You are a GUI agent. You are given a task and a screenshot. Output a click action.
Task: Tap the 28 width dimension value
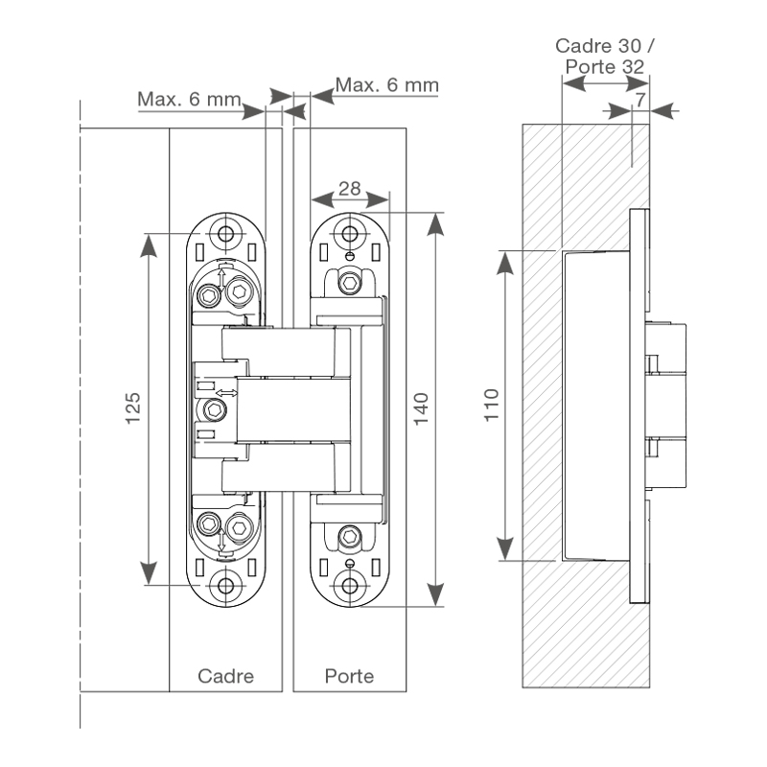pyautogui.click(x=351, y=188)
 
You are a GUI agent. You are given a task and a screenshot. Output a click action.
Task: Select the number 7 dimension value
pyautogui.click(x=640, y=100)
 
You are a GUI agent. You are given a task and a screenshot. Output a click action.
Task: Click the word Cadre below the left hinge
pyautogui.click(x=226, y=676)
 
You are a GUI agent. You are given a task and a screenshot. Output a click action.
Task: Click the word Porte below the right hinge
pyautogui.click(x=349, y=676)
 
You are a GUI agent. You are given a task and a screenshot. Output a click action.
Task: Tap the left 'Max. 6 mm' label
pyautogui.click(x=189, y=99)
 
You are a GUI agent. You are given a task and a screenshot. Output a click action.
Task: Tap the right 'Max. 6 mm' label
pyautogui.click(x=386, y=85)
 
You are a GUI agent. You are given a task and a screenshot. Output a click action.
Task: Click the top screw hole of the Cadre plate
pyautogui.click(x=226, y=232)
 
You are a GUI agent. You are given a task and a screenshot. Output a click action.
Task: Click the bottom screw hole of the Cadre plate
pyautogui.click(x=226, y=585)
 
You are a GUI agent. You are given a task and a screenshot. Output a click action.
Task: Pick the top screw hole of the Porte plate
pyautogui.click(x=351, y=232)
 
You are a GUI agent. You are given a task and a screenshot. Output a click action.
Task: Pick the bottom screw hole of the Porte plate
pyautogui.click(x=351, y=585)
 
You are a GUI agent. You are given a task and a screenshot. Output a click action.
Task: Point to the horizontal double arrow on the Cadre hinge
pyautogui.click(x=226, y=393)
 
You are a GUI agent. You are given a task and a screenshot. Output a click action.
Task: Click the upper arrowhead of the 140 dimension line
pyautogui.click(x=436, y=222)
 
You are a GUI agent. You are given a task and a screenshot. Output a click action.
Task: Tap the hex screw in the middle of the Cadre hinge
pyautogui.click(x=215, y=411)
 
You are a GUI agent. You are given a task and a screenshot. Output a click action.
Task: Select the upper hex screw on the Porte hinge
pyautogui.click(x=352, y=283)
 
